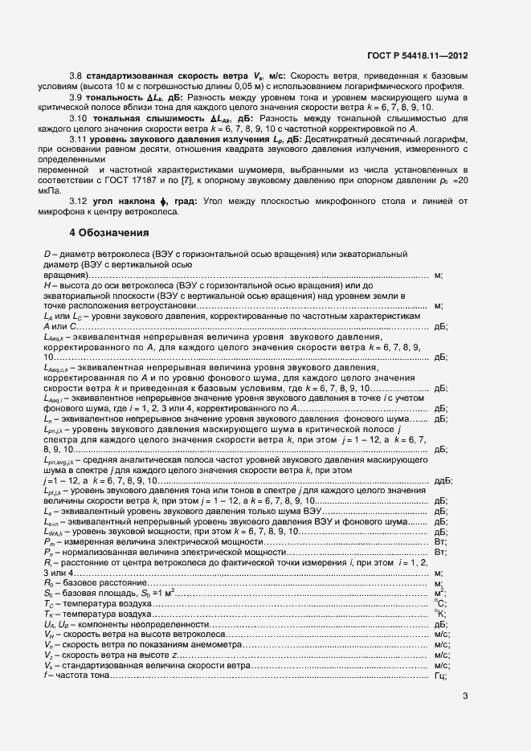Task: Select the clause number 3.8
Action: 76,76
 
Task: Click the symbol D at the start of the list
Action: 47,255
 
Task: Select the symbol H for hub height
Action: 47,285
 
